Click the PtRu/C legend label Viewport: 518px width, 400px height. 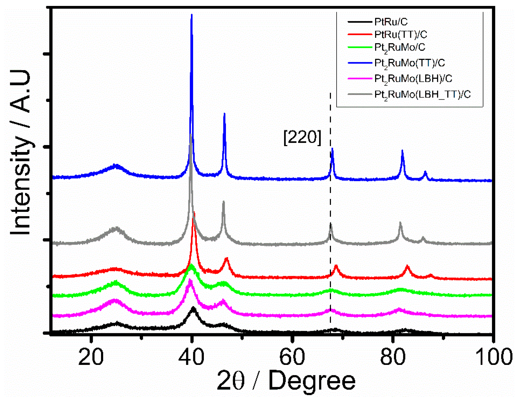click(x=391, y=22)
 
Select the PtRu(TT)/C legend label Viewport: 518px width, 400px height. click(x=400, y=34)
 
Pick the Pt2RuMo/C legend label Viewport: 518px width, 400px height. click(x=399, y=47)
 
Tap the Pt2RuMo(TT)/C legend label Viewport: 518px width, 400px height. click(x=409, y=63)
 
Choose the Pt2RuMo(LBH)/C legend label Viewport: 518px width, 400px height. click(x=413, y=78)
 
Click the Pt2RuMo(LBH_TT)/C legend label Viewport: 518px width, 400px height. click(x=422, y=94)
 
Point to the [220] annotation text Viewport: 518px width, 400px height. click(x=302, y=137)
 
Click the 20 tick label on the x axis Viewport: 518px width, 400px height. click(x=91, y=357)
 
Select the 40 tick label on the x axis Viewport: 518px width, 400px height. click(x=191, y=357)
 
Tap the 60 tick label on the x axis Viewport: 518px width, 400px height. click(x=292, y=357)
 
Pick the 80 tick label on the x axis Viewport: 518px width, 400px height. click(x=392, y=357)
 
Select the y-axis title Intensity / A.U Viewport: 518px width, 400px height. click(x=21, y=152)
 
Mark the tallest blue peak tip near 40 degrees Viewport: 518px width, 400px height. click(x=192, y=15)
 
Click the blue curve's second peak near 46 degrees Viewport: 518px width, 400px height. click(x=224, y=114)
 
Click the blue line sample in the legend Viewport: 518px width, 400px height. click(x=359, y=63)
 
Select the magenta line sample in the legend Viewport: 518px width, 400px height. click(x=359, y=78)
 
